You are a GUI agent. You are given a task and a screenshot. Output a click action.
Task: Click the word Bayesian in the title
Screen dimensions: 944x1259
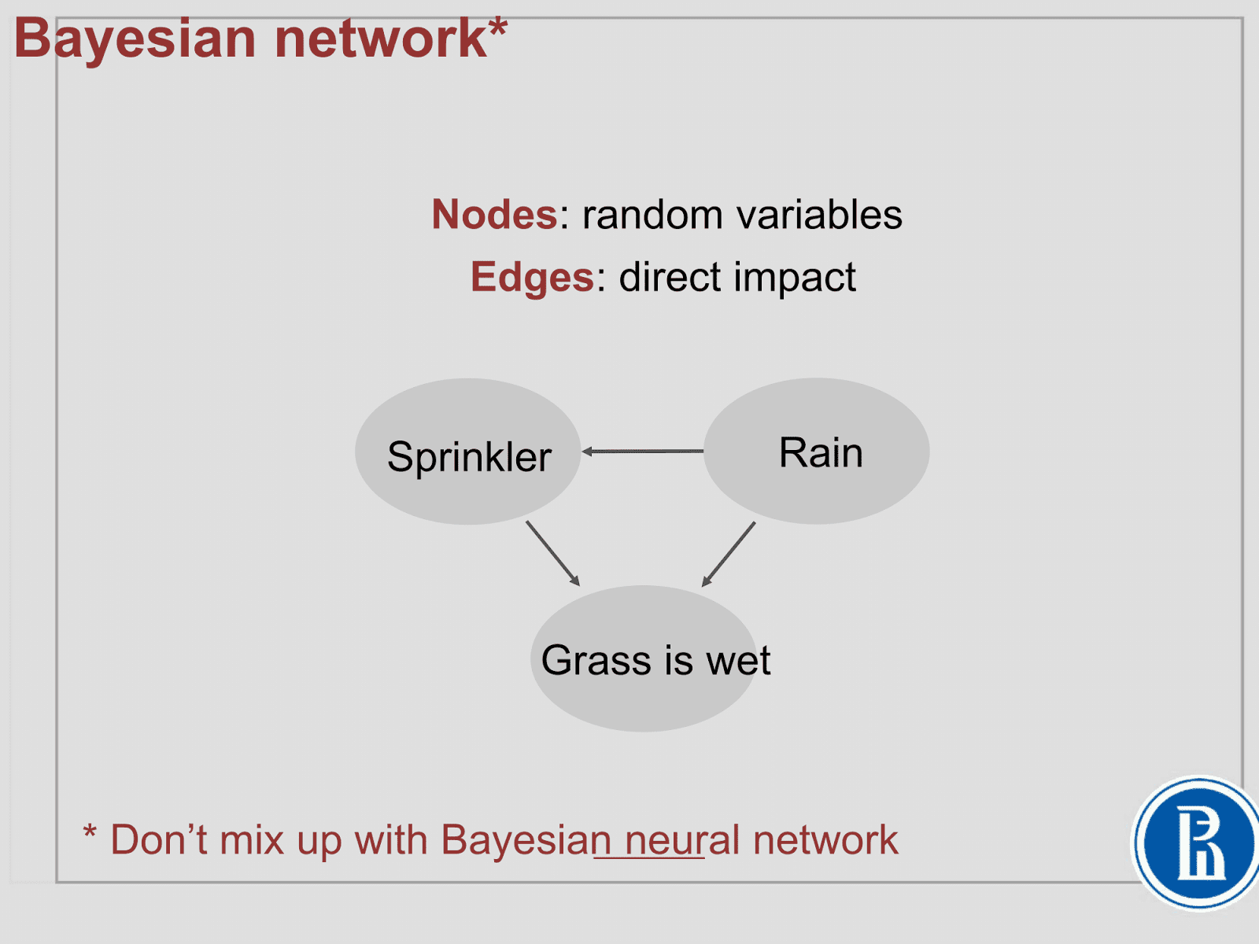[x=135, y=39]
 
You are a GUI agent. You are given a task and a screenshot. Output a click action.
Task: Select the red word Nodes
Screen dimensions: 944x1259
[x=494, y=215]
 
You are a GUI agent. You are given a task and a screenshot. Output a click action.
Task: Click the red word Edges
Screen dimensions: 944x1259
[x=532, y=277]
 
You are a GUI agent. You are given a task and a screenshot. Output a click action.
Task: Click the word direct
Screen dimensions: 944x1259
[x=670, y=277]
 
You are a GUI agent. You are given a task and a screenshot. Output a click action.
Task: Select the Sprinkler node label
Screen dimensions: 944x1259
[x=469, y=457]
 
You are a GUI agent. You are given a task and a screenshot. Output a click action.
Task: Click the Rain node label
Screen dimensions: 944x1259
[x=821, y=453]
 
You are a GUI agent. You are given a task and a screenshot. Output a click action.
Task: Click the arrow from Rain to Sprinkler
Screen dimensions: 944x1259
[x=643, y=452]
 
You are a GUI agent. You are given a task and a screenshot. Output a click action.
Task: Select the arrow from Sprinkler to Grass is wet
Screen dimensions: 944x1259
[x=552, y=553]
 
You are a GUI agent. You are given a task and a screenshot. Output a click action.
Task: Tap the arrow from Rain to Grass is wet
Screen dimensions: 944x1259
[x=729, y=554]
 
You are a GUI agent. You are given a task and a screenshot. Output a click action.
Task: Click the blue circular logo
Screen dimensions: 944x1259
[x=1198, y=843]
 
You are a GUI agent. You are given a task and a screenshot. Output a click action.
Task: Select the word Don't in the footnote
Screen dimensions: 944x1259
[x=159, y=840]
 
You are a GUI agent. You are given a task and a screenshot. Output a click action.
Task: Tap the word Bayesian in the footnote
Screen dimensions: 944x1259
[x=526, y=840]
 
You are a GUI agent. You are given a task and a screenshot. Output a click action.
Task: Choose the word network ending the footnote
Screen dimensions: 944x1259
[x=825, y=840]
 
